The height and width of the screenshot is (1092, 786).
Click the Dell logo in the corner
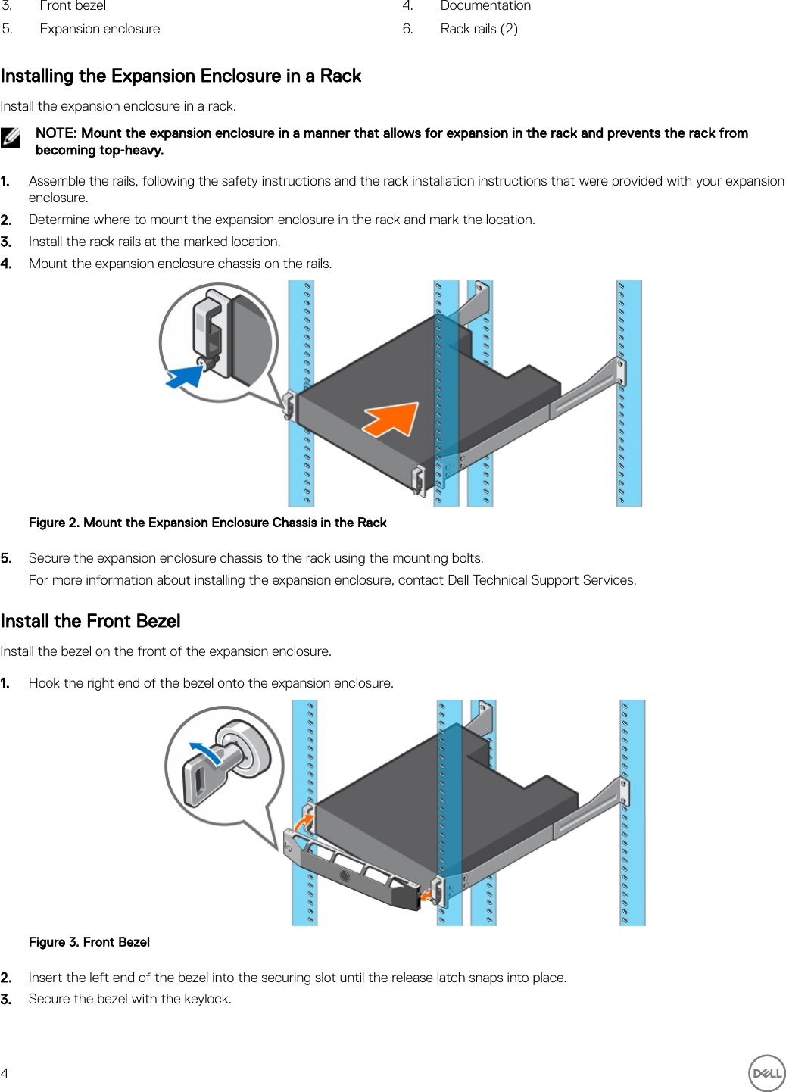tap(766, 1072)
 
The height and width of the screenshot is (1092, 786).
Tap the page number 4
tap(5, 1073)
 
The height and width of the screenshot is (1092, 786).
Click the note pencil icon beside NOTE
tap(11, 137)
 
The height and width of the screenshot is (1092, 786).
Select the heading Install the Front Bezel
tap(90, 621)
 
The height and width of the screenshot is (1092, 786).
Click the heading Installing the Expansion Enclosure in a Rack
tap(181, 76)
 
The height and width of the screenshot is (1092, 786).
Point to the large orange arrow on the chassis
tap(392, 419)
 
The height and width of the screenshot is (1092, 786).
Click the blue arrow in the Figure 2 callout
tap(184, 376)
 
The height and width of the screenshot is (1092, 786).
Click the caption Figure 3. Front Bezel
tap(89, 942)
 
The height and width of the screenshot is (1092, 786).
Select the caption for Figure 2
tap(207, 523)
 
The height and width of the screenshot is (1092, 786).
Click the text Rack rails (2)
tap(479, 29)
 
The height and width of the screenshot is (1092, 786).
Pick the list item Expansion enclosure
tap(100, 29)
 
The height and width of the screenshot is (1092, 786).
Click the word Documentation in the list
tap(485, 6)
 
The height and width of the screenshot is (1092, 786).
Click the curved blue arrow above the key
tap(205, 753)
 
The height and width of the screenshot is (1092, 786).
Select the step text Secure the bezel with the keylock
tap(130, 999)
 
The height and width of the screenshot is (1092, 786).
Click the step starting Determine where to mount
tap(282, 220)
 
